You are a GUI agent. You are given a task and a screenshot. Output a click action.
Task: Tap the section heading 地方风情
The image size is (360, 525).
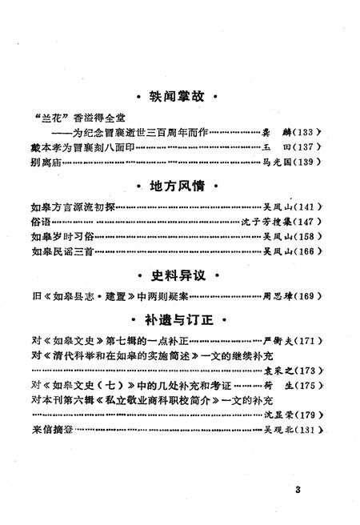tap(178, 186)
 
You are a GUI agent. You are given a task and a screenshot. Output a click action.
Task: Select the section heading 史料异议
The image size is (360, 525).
tap(178, 275)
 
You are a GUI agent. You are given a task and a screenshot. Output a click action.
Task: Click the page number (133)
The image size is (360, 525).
tap(310, 132)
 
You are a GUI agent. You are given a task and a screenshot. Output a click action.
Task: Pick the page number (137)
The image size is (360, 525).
tap(310, 147)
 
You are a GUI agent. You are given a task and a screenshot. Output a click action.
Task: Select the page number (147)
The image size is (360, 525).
tap(310, 222)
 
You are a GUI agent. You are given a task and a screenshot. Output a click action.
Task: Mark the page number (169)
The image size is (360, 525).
tap(310, 296)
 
